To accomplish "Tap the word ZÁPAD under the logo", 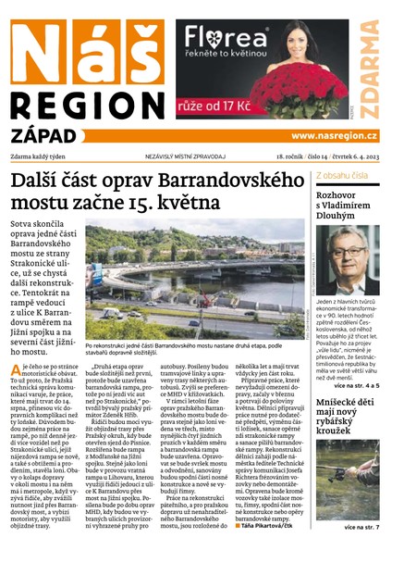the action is [46, 135].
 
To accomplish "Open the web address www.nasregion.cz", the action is [343, 137].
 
